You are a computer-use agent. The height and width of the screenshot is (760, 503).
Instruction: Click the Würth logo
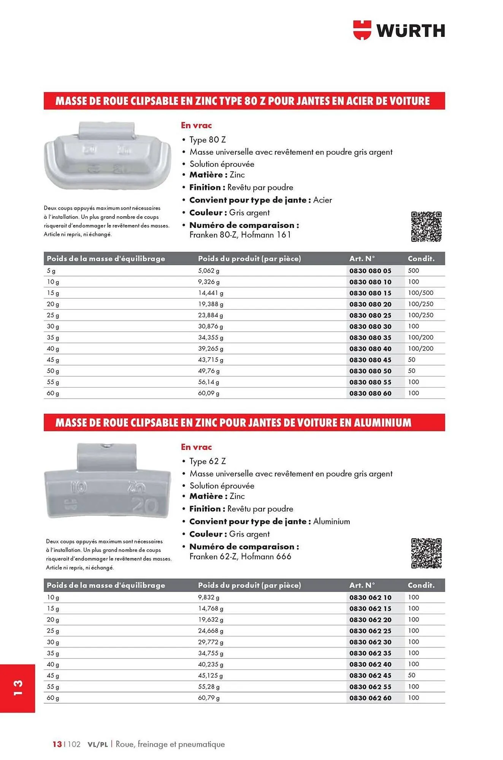coord(399,30)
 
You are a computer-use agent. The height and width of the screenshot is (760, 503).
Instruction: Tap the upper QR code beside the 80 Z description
coord(426,226)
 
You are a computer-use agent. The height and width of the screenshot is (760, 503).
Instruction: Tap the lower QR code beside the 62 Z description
coord(426,553)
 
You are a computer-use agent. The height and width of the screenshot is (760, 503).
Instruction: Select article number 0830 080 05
coord(370,271)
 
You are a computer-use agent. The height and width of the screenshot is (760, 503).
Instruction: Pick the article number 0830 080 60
coord(370,393)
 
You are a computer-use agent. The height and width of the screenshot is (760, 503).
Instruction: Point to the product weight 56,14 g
coord(208,382)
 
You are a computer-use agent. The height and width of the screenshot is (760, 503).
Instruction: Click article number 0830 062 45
coord(370,675)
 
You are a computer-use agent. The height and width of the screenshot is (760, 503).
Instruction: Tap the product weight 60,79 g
coord(208,698)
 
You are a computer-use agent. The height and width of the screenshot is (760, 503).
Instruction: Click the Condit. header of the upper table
coord(421,258)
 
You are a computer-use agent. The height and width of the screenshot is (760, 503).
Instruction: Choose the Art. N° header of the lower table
coord(362,585)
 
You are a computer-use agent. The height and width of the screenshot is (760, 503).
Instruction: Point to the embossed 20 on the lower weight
coord(145,505)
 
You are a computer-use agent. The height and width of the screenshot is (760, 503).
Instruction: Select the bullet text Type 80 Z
coord(207,139)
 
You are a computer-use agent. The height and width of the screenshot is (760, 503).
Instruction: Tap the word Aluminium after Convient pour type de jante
coord(331,521)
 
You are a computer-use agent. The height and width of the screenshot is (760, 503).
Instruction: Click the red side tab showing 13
coord(18,688)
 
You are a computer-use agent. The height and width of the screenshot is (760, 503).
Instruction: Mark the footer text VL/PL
coord(98,744)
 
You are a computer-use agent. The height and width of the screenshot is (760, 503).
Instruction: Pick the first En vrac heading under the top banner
coord(196,125)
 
